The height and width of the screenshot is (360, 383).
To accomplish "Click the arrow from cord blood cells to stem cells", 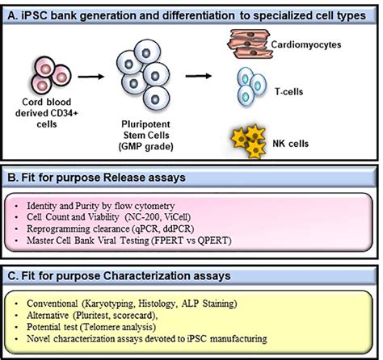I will [90, 80].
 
